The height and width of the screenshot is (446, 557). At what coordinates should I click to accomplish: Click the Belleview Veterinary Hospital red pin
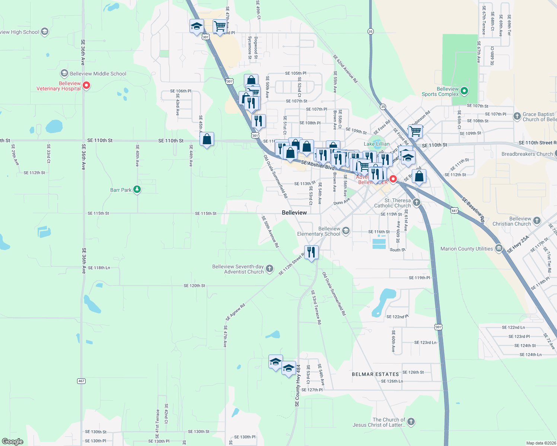pyautogui.click(x=86, y=85)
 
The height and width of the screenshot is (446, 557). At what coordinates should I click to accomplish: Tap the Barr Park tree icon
pyautogui.click(x=137, y=190)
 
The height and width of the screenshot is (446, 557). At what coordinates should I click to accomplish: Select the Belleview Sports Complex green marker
pyautogui.click(x=464, y=91)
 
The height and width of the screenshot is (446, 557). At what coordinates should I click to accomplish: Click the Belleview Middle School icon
pyautogui.click(x=64, y=73)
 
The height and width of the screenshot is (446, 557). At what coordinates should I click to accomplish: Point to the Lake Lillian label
pyautogui.click(x=376, y=144)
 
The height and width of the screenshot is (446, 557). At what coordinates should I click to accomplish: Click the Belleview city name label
pyautogui.click(x=294, y=213)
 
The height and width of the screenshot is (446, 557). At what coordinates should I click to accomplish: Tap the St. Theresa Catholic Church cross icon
pyautogui.click(x=417, y=203)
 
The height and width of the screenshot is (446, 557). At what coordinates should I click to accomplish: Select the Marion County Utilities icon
pyautogui.click(x=499, y=249)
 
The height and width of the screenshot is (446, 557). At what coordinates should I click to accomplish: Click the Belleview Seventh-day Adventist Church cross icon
pyautogui.click(x=270, y=269)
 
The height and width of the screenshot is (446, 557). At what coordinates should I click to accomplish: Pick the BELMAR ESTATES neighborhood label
pyautogui.click(x=375, y=374)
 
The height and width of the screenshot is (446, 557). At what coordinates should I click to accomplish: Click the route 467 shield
pyautogui.click(x=82, y=381)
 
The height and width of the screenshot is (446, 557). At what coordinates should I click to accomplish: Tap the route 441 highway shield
pyautogui.click(x=454, y=210)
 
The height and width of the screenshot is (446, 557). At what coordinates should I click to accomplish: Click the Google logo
pyautogui.click(x=13, y=442)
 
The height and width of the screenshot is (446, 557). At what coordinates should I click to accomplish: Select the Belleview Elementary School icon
pyautogui.click(x=346, y=231)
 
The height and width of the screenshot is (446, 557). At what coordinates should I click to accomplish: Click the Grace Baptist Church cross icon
pyautogui.click(x=517, y=116)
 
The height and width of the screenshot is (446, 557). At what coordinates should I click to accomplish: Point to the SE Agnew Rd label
pyautogui.click(x=235, y=312)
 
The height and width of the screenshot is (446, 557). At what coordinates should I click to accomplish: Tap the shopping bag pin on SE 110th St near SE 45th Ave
pyautogui.click(x=207, y=139)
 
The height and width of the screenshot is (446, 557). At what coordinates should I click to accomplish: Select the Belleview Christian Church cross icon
pyautogui.click(x=537, y=221)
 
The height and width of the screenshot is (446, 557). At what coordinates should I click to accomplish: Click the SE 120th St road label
pyautogui.click(x=194, y=286)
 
